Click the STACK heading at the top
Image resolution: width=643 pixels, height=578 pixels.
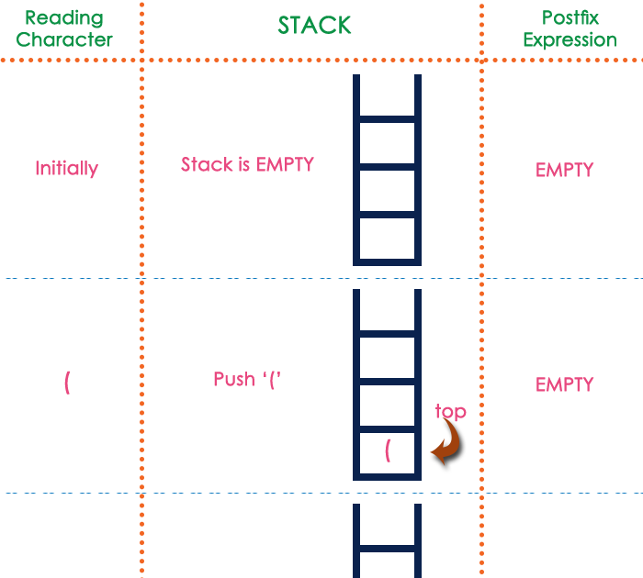(315, 26)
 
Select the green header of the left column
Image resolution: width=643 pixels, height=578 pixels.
(64, 29)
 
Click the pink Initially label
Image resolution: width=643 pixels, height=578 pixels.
(66, 169)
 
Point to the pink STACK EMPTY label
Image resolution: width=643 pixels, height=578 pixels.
(246, 164)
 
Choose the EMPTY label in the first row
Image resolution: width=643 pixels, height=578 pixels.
(564, 170)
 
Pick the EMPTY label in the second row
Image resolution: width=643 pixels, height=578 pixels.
(564, 384)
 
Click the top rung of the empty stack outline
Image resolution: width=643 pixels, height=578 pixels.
(387, 119)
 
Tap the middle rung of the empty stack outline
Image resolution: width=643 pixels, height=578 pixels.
(387, 167)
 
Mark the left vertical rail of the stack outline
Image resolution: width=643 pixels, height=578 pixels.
(356, 170)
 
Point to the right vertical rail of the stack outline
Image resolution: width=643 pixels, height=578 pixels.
(418, 170)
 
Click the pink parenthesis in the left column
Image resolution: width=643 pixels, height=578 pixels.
(67, 383)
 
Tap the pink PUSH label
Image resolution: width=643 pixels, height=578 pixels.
(246, 380)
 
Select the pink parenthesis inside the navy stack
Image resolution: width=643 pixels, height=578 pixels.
(388, 450)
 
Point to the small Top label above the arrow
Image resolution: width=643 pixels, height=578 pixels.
(451, 411)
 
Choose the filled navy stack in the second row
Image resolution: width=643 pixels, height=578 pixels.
(387, 385)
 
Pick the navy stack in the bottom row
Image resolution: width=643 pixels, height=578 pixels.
(387, 540)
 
